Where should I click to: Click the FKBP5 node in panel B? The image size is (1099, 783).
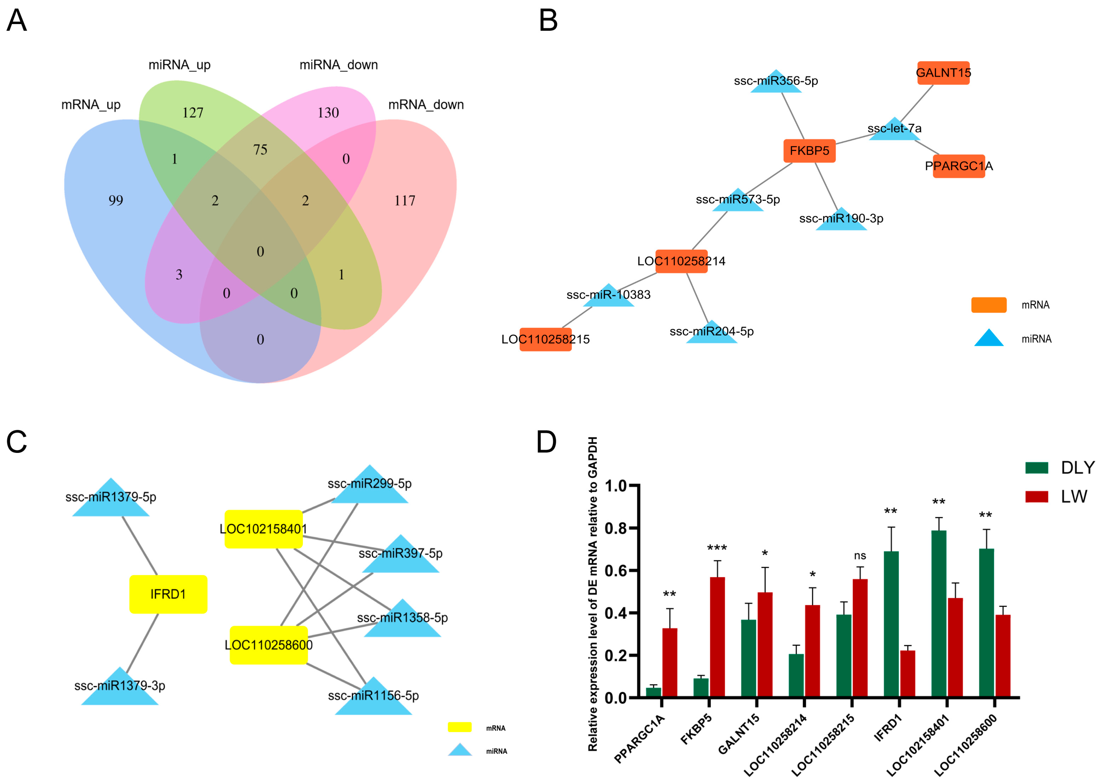pos(809,151)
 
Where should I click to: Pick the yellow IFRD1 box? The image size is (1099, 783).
pos(168,594)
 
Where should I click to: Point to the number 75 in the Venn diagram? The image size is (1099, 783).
pos(260,150)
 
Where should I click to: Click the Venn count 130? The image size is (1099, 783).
pos(328,113)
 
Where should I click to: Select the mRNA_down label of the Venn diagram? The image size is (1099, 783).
pos(426,105)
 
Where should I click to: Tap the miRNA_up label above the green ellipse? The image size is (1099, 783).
pos(179,65)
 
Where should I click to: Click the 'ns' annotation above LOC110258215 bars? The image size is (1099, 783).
pos(860,556)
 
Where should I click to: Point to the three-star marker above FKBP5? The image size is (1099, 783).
pos(717,548)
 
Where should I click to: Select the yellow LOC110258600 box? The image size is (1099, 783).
pos(269,645)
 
